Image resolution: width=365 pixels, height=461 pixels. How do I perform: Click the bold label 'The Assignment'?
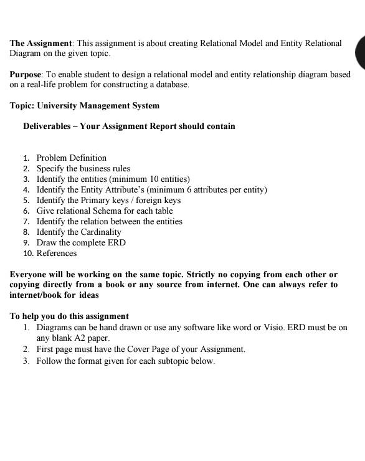40,44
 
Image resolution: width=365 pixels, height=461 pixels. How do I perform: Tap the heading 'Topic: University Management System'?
84,105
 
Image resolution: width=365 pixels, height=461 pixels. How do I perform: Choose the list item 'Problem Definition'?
71,158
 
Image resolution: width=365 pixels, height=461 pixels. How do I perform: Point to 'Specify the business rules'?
83,169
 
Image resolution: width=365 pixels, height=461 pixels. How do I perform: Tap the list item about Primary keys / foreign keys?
108,201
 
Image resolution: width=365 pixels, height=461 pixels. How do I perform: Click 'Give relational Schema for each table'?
105,211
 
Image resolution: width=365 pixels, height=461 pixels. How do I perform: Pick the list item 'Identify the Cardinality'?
78,232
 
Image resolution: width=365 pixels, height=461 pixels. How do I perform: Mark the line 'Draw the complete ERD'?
81,243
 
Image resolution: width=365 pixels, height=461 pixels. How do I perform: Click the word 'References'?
57,254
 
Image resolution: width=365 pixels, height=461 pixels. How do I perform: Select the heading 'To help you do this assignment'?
69,316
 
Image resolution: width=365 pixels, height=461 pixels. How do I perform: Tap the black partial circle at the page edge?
360,53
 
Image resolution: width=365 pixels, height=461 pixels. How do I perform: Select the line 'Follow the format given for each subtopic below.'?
125,361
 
